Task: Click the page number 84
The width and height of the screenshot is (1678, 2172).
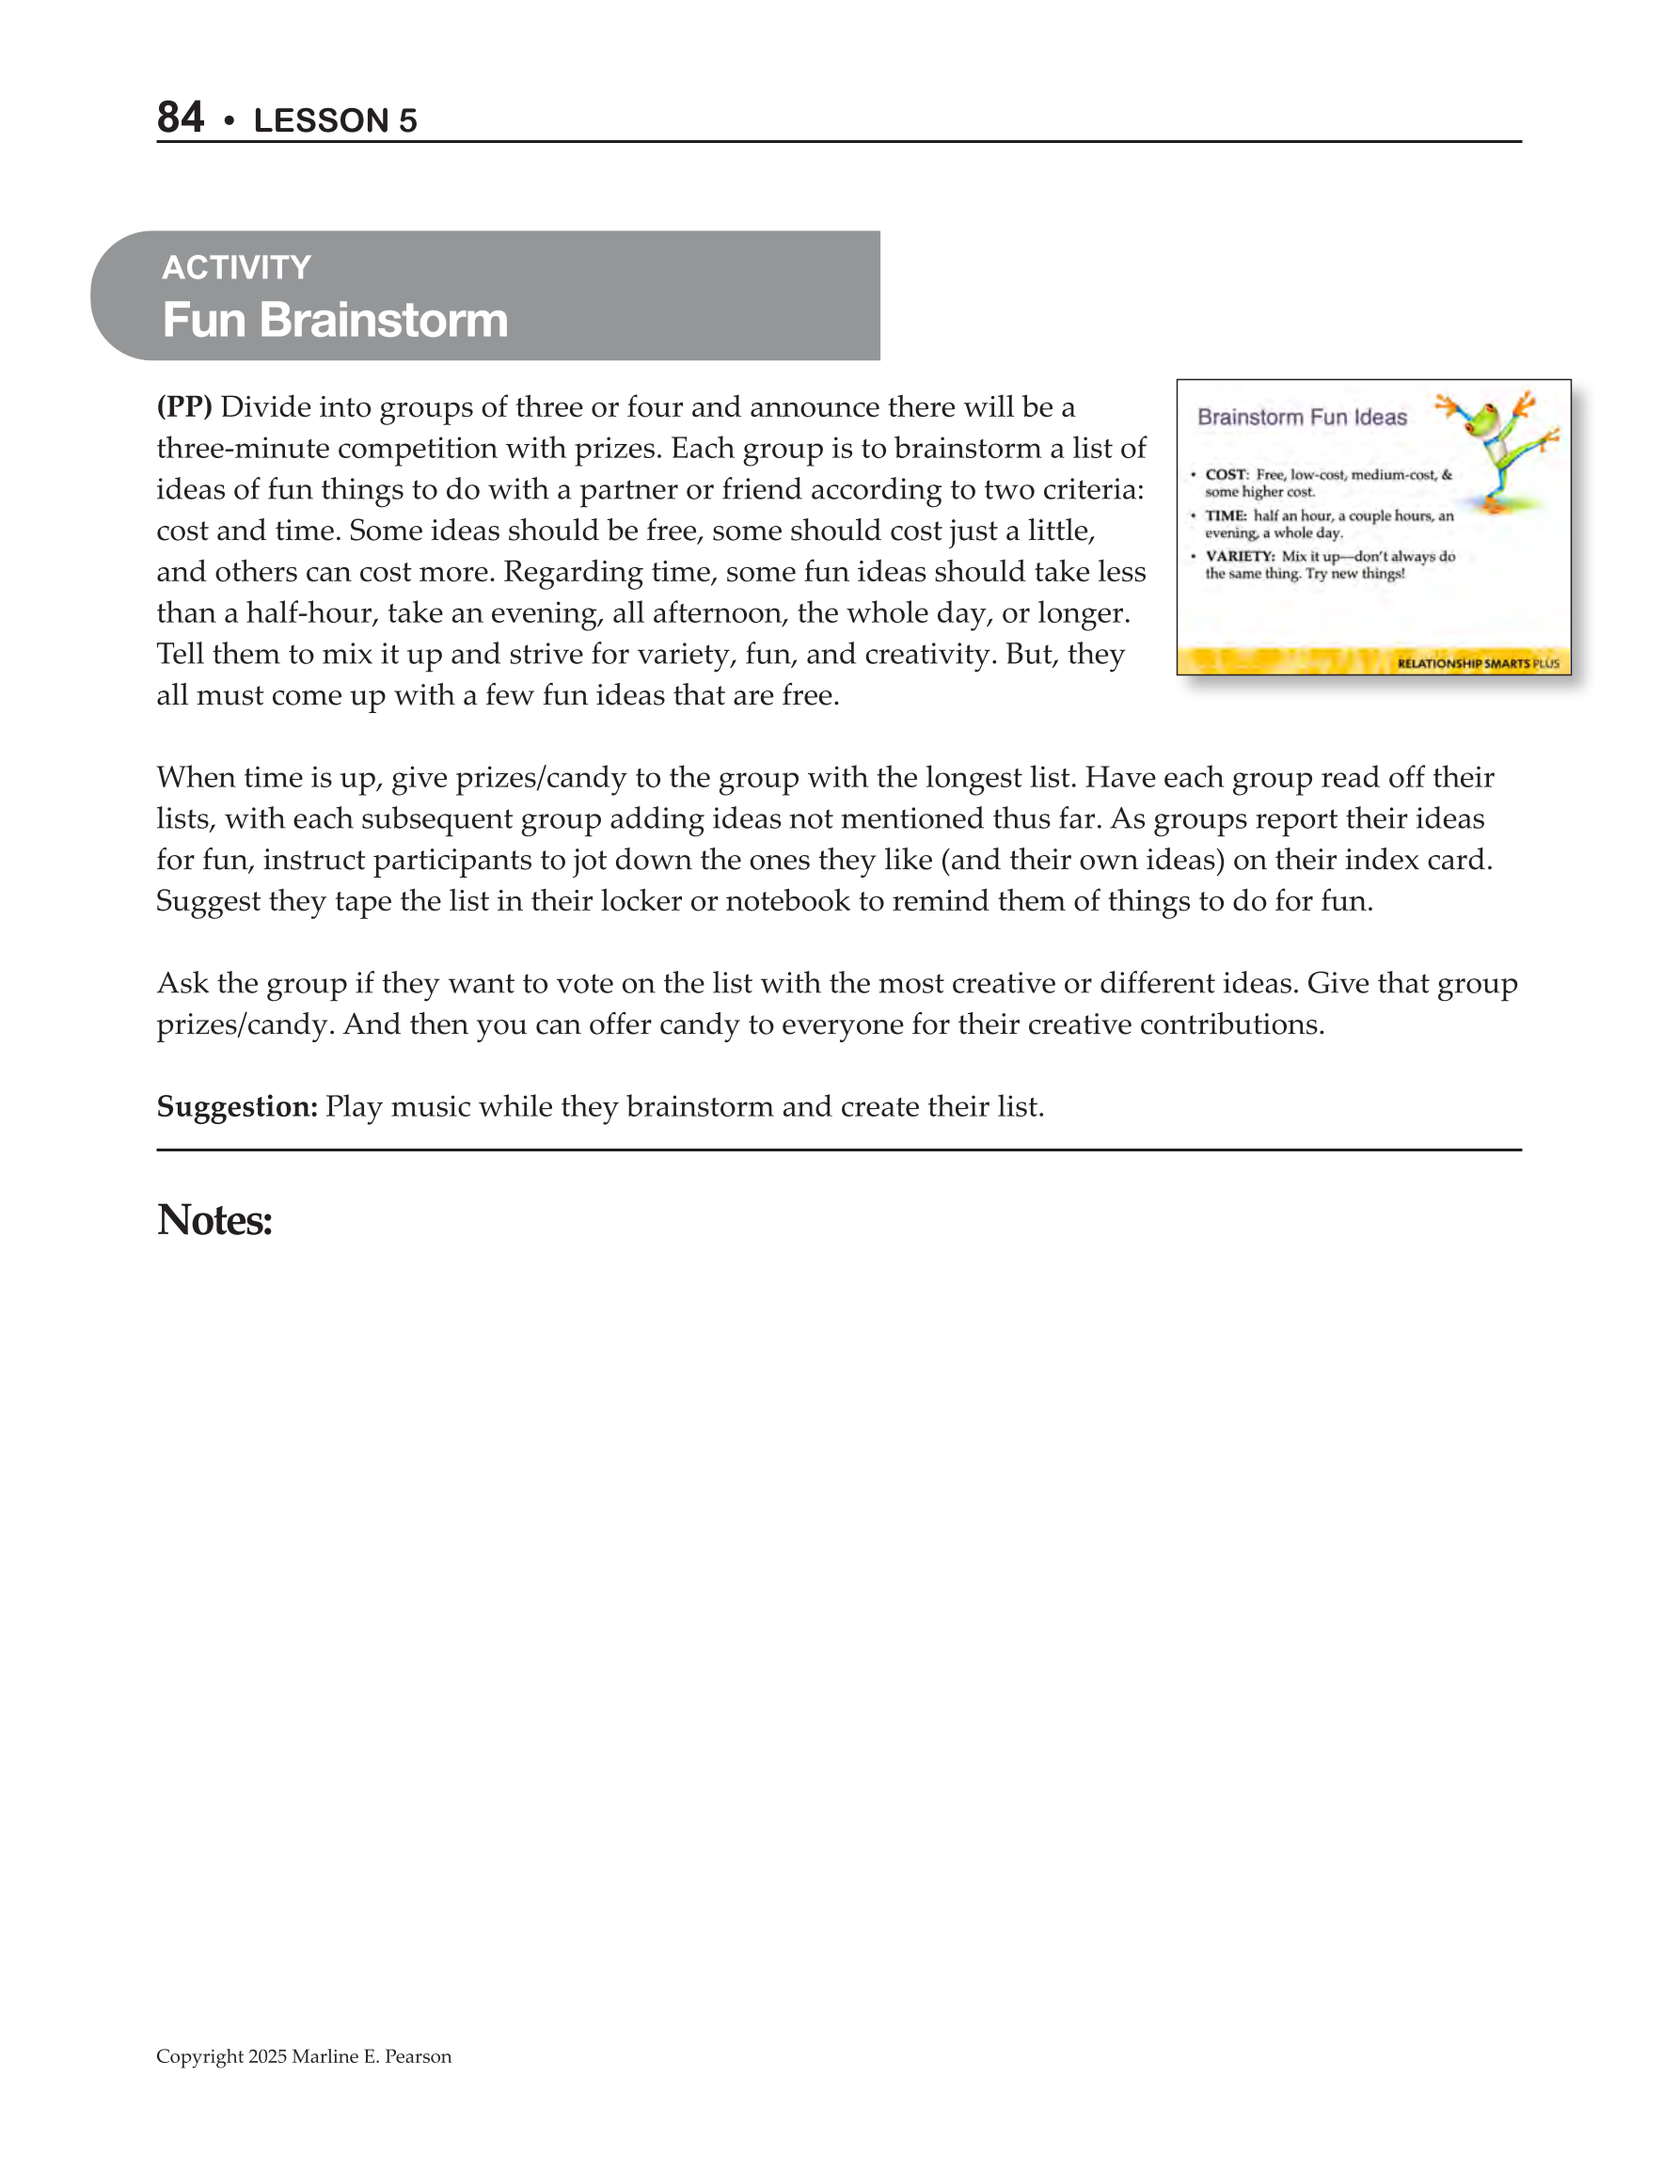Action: pyautogui.click(x=180, y=118)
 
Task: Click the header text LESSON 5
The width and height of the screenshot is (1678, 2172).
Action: pyautogui.click(x=335, y=120)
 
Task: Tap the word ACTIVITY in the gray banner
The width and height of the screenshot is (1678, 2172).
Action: pyautogui.click(x=237, y=267)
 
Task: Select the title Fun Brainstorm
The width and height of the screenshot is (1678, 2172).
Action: pyautogui.click(x=335, y=320)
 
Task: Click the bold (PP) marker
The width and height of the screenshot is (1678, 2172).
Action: pyautogui.click(x=184, y=406)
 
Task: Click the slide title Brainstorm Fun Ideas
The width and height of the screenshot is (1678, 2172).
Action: pyautogui.click(x=1301, y=417)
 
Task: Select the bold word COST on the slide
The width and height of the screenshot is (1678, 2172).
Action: pyautogui.click(x=1226, y=474)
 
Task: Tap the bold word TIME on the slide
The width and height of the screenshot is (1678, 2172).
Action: pyautogui.click(x=1226, y=516)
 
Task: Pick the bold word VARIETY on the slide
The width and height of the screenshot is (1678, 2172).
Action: pyautogui.click(x=1240, y=557)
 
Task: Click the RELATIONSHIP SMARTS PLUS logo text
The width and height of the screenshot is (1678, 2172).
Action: pyautogui.click(x=1477, y=663)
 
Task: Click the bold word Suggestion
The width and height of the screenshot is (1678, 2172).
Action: pyautogui.click(x=237, y=1107)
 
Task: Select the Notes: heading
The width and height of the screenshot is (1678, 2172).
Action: pyautogui.click(x=214, y=1220)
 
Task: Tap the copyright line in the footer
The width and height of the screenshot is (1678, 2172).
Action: pyautogui.click(x=304, y=2056)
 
